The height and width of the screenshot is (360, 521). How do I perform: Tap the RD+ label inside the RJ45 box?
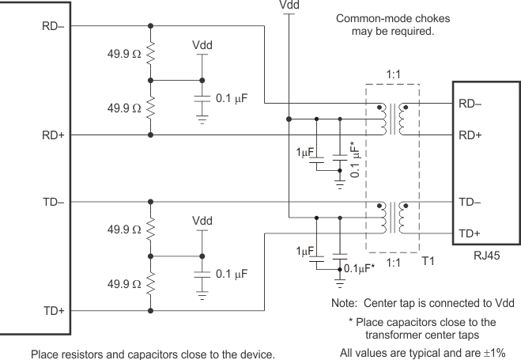(469, 135)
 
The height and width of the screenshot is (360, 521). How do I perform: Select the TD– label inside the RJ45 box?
(469, 203)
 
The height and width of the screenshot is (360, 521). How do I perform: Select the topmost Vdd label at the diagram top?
(290, 6)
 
